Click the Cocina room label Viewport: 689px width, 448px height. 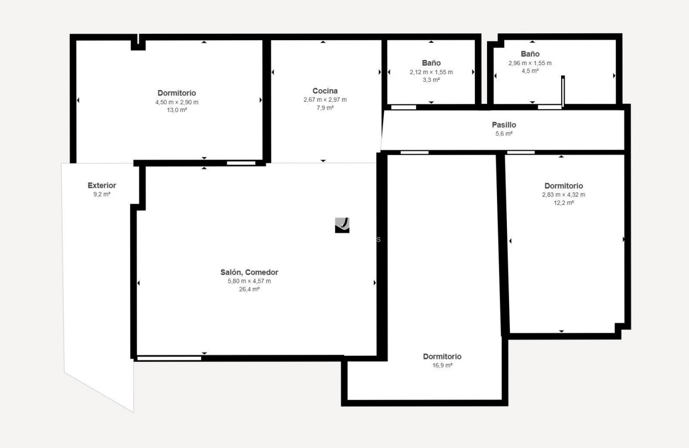[x=325, y=91]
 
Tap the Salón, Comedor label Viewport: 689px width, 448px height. [x=249, y=272]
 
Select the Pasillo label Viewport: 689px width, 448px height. [x=504, y=125]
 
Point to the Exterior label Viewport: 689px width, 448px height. [x=102, y=185]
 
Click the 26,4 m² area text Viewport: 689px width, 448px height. [x=249, y=289]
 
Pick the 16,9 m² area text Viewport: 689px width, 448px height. [x=442, y=366]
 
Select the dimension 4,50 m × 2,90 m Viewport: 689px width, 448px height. [x=176, y=102]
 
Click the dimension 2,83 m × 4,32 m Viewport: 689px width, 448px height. [x=563, y=195]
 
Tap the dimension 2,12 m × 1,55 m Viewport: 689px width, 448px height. [x=431, y=72]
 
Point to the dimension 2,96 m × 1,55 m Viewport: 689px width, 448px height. [x=530, y=63]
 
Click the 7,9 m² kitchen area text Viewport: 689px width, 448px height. [x=325, y=108]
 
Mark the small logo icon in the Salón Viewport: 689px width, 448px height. [x=342, y=225]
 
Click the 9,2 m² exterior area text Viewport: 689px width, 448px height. [x=102, y=194]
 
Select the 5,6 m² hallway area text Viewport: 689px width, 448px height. [x=504, y=134]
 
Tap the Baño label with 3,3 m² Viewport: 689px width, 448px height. [x=431, y=63]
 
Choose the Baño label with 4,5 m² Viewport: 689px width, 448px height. [x=530, y=54]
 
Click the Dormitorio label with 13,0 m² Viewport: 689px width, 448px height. [x=176, y=93]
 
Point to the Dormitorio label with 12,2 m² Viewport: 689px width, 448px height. [x=563, y=186]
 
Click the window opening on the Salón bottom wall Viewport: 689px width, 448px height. [x=169, y=358]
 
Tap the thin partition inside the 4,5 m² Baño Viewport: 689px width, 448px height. [x=563, y=91]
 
